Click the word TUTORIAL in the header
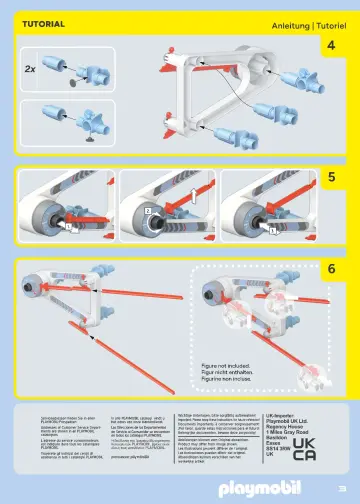[44, 22]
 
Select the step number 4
[330, 45]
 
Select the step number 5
[330, 176]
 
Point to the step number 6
[330, 268]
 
